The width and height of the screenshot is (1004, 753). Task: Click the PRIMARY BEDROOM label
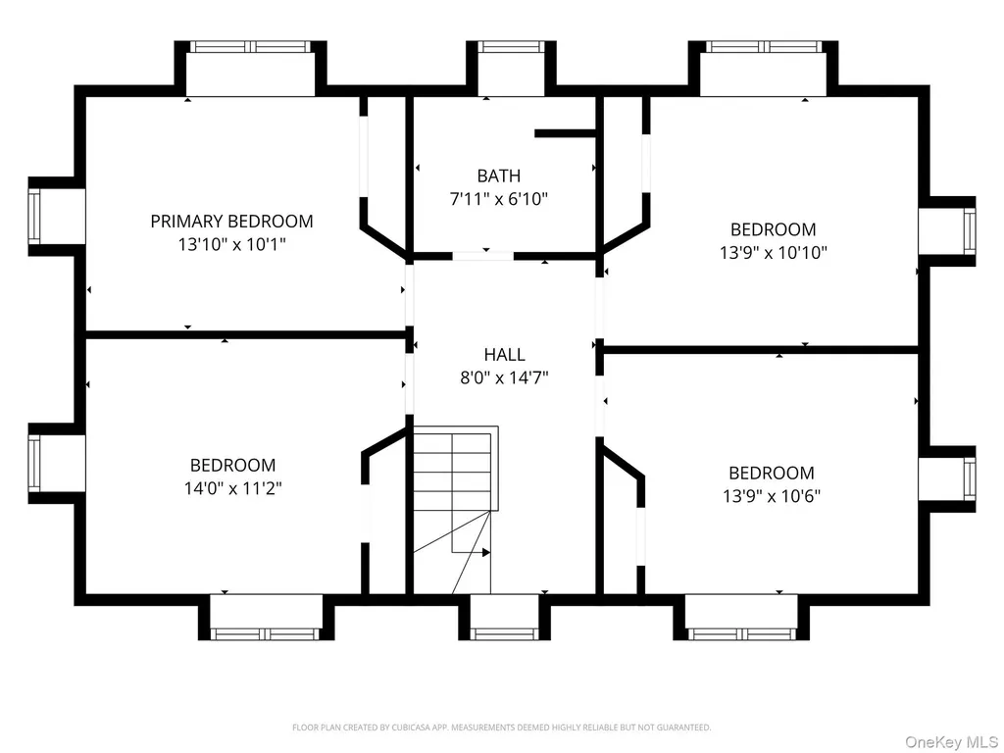(231, 222)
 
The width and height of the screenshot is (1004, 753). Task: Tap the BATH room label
(499, 176)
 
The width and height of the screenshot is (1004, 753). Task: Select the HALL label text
(505, 354)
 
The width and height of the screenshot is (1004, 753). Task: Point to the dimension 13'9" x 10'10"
(774, 252)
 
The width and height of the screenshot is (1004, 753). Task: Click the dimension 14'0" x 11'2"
(233, 488)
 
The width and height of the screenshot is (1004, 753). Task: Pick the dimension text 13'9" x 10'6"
(772, 496)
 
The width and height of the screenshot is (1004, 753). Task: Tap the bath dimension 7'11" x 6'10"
(499, 199)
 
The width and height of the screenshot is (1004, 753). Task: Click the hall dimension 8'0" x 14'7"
(505, 377)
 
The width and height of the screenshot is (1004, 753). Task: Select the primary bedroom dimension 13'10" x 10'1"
(231, 244)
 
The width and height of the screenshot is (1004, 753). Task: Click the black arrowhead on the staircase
(486, 552)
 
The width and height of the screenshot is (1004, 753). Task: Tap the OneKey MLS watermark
(951, 742)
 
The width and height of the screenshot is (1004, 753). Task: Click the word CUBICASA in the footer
(413, 728)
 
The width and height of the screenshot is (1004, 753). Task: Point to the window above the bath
(511, 47)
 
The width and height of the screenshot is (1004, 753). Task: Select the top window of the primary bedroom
(250, 47)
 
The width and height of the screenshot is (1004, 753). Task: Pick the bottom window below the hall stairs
(505, 634)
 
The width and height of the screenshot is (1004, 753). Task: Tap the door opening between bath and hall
(482, 256)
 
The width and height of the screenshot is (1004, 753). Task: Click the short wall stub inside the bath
(566, 133)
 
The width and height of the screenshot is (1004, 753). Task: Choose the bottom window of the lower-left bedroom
(265, 634)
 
